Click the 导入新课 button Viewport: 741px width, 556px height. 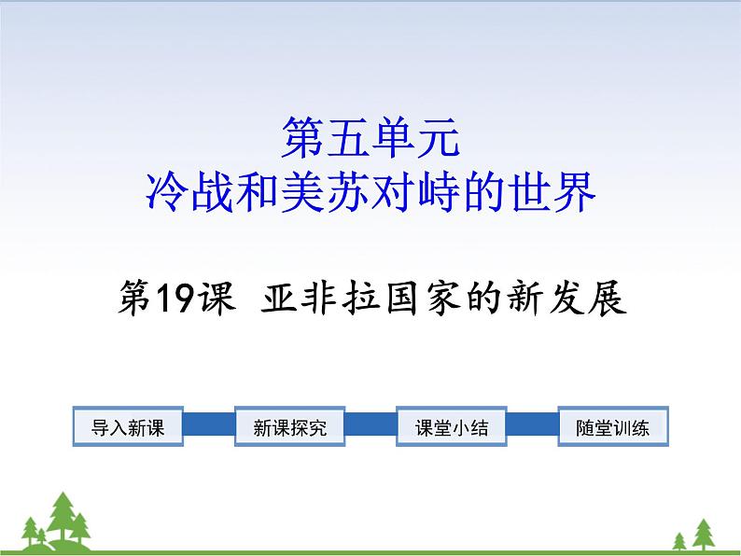[128, 426]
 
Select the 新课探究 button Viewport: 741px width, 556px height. [289, 426]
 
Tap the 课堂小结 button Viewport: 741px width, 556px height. [452, 426]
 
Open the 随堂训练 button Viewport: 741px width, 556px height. [613, 426]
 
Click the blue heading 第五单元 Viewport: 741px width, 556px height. [370, 137]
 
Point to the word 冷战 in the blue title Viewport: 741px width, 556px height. [189, 192]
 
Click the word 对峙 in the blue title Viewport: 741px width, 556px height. [416, 192]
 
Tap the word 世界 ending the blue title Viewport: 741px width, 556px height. [552, 192]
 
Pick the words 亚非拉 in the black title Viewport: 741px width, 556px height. [320, 298]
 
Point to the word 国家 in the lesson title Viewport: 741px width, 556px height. [421, 298]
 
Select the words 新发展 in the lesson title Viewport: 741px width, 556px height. [567, 298]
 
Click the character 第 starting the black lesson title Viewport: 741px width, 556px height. [134, 298]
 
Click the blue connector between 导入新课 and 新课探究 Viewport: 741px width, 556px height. [209, 424]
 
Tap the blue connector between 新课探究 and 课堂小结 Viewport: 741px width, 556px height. [370, 424]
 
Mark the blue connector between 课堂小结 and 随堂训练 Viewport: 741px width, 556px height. [532, 424]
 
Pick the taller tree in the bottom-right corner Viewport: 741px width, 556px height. [703, 534]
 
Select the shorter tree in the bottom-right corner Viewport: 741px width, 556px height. [679, 541]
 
